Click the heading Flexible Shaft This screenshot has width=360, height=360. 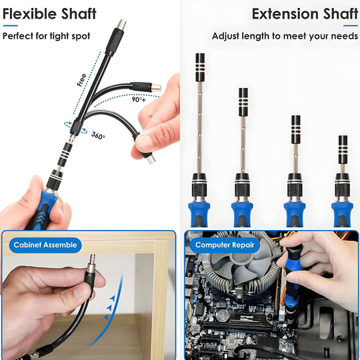[x=49, y=13]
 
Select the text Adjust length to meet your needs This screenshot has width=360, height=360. [x=284, y=36]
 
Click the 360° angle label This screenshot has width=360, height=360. [x=98, y=135]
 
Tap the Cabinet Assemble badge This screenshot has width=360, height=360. [x=45, y=245]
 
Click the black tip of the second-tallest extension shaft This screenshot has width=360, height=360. [x=243, y=100]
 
